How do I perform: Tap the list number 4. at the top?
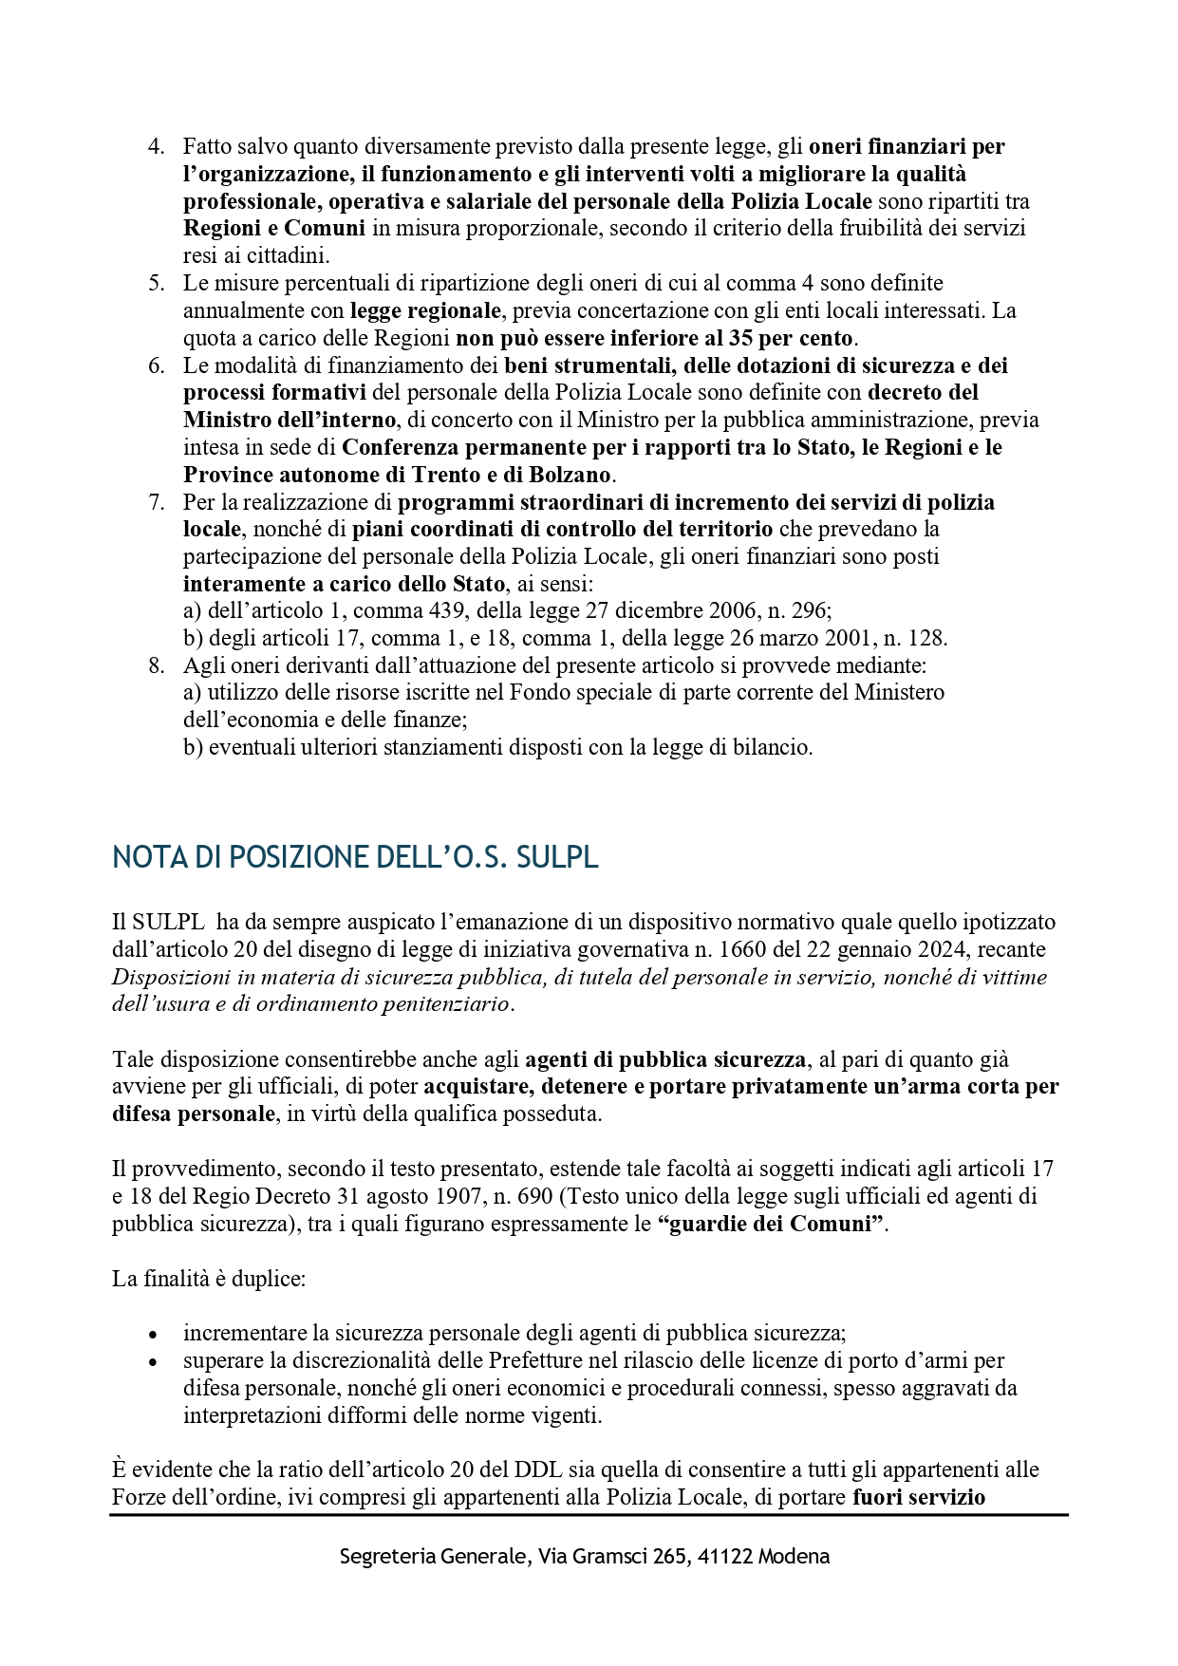[157, 147]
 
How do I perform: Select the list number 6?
[157, 365]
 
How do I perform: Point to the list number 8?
[157, 665]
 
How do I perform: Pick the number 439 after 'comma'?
[452, 610]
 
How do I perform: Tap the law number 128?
[926, 638]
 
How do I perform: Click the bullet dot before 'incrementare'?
[153, 1335]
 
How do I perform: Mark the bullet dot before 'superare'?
[153, 1362]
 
